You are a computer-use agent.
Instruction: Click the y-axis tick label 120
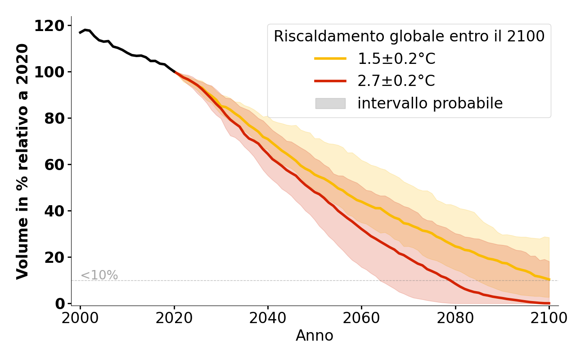49,26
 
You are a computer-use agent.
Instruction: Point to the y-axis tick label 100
49,72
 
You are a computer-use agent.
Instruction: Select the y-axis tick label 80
55,119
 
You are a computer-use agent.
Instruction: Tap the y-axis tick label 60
55,165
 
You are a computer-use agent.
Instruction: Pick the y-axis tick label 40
55,211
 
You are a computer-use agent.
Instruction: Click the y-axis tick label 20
55,258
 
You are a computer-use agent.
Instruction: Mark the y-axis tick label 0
60,304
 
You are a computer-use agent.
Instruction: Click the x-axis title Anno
315,336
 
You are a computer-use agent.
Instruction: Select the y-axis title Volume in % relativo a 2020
22,162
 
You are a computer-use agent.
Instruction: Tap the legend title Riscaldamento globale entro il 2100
409,36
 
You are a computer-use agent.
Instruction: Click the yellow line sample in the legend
330,58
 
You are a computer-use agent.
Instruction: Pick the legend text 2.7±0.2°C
396,81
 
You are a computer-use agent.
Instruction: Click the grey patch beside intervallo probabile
330,103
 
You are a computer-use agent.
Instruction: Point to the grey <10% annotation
99,275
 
